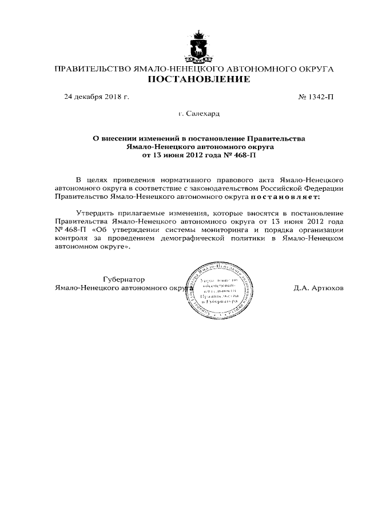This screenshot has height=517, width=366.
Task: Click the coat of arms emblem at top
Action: [x=199, y=47]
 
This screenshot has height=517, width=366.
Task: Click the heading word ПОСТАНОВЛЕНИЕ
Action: [x=199, y=79]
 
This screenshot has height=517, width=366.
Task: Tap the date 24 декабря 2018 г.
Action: [x=97, y=97]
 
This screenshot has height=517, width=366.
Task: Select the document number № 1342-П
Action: [x=316, y=97]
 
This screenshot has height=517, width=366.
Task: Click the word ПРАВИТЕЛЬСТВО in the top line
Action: [x=91, y=69]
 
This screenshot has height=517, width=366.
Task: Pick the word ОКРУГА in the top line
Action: [x=314, y=69]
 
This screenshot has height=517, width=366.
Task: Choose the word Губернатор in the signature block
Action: [x=124, y=279]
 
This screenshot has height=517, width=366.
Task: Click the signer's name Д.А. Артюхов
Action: [x=319, y=288]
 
